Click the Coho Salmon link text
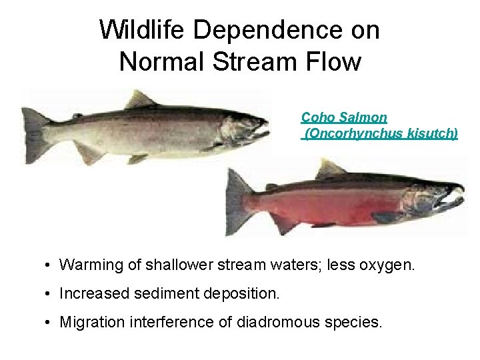coord(343,118)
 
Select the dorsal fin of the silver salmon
coord(140,100)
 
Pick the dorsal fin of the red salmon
coord(329,169)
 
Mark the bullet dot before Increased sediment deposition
coord(49,294)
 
